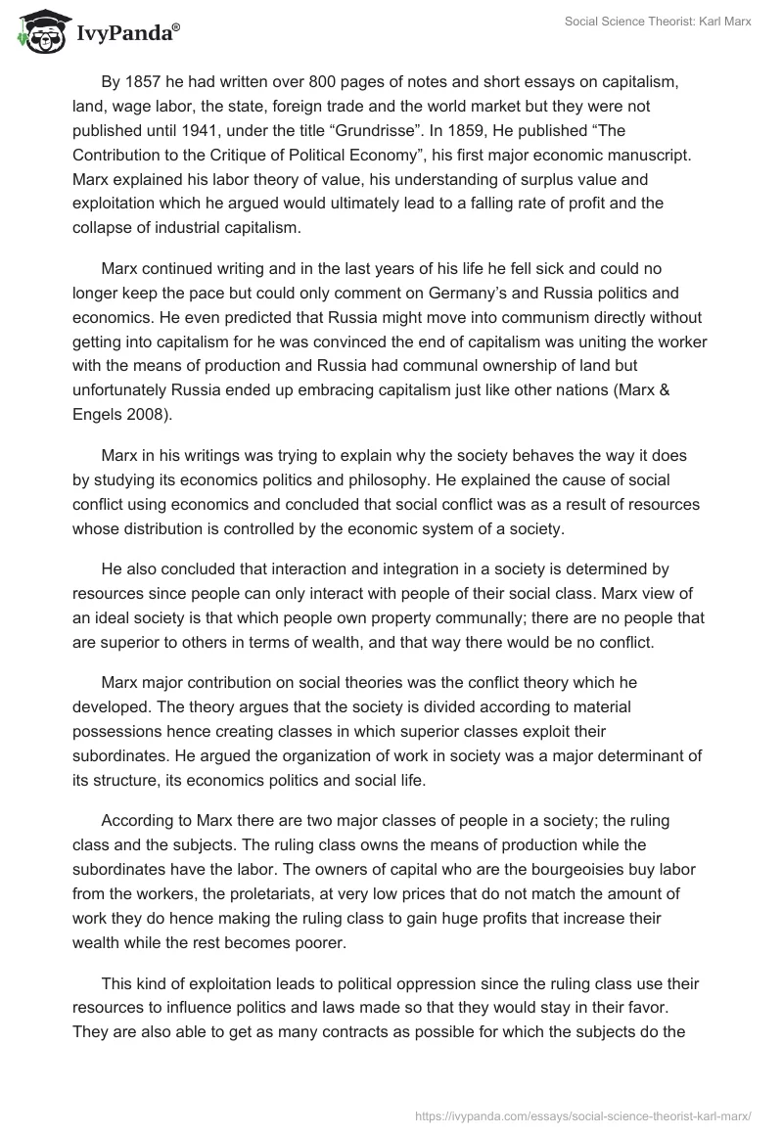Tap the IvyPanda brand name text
[x=127, y=33]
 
